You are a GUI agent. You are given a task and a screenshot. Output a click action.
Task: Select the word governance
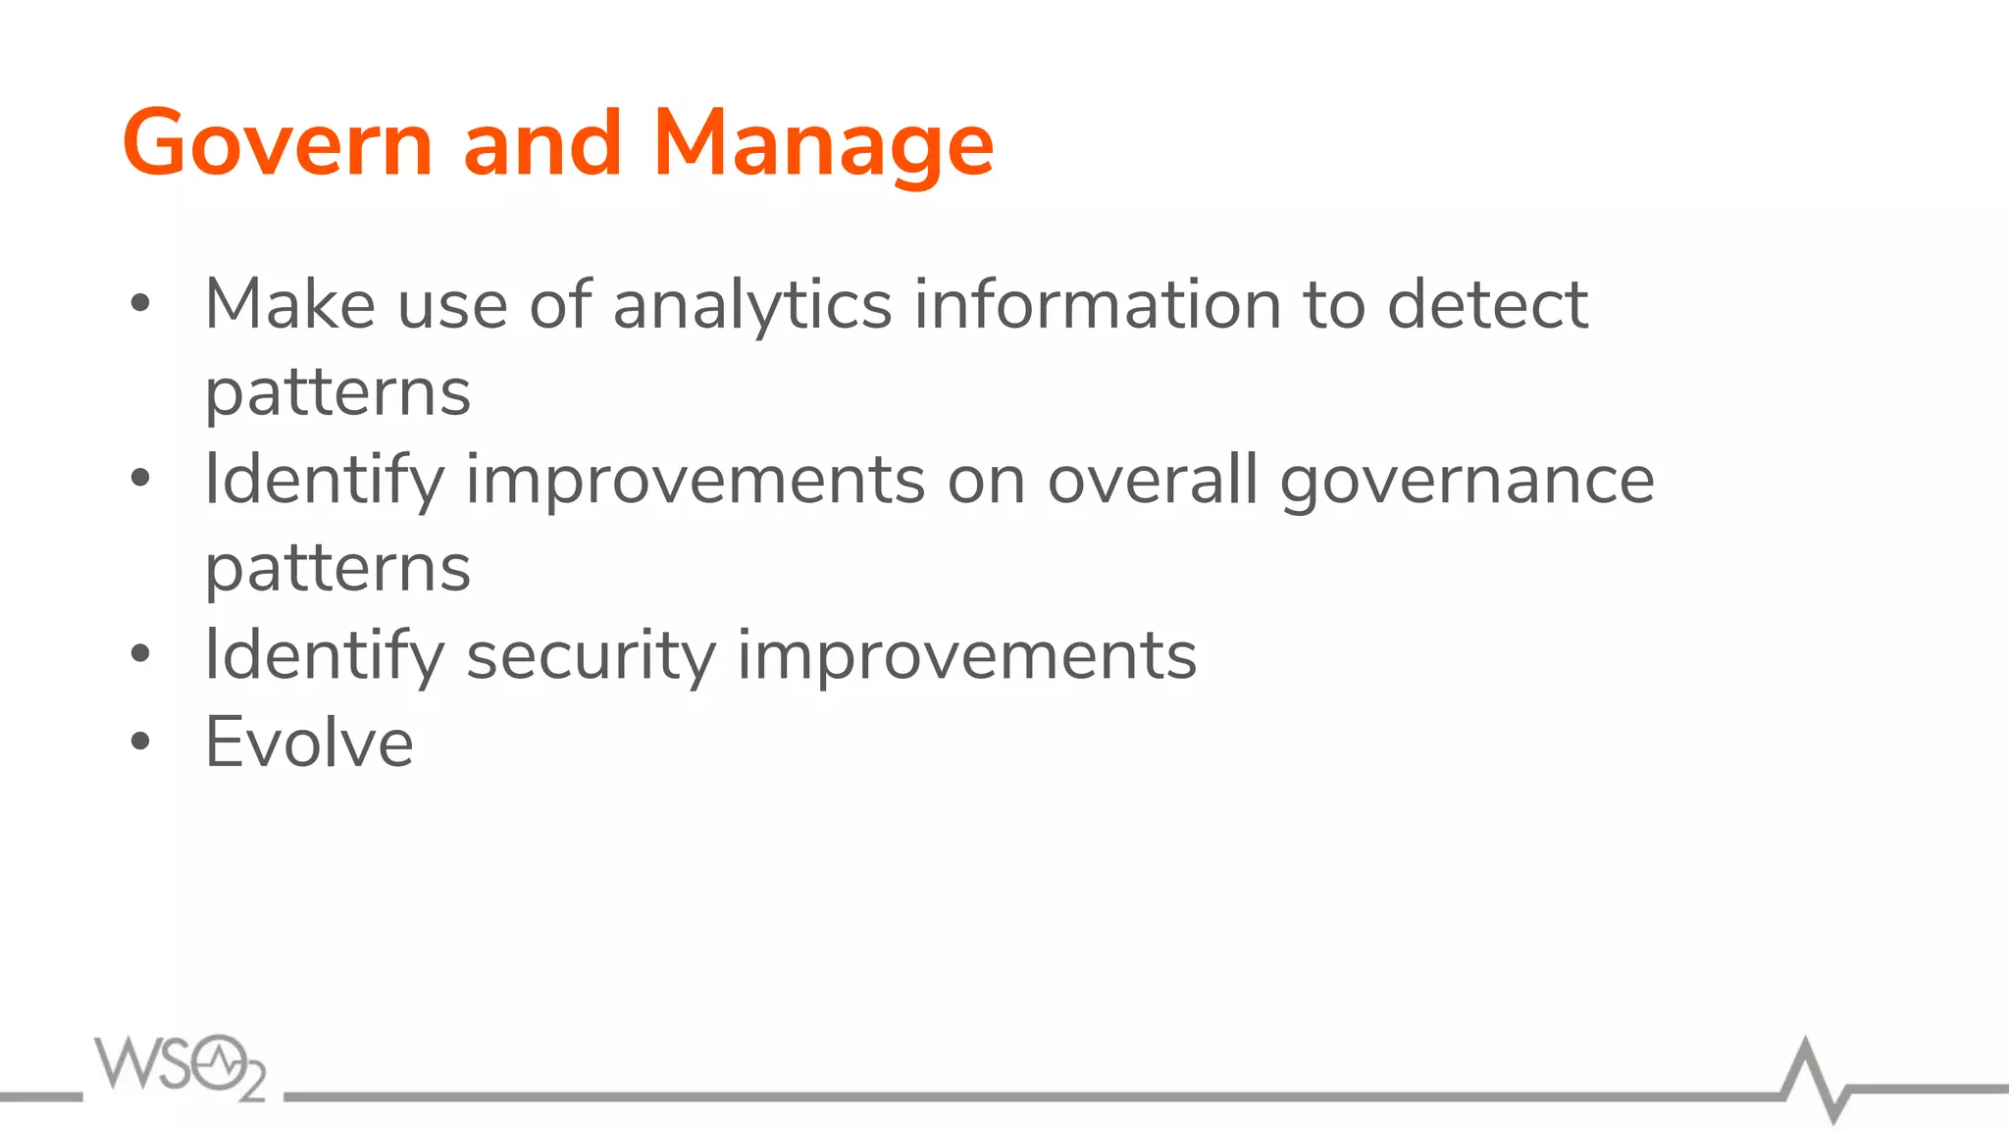pos(1468,481)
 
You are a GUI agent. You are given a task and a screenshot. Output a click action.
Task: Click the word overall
pos(1153,480)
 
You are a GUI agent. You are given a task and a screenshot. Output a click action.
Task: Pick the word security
pos(591,655)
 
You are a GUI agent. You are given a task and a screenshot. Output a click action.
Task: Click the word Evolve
pos(309,743)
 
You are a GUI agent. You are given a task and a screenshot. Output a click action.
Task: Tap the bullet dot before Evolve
pos(140,742)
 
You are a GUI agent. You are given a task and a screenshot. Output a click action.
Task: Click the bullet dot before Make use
pos(140,304)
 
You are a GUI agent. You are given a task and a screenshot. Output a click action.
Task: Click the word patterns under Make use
pos(337,392)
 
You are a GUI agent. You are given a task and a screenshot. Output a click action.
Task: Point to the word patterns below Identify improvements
pos(337,568)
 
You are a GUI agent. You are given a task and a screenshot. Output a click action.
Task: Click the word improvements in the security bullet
pos(966,655)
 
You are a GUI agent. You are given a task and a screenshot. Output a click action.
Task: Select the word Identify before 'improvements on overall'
pos(324,480)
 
